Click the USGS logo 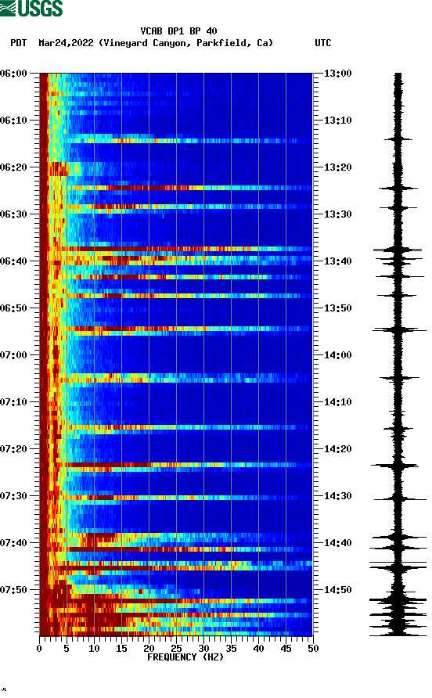[x=32, y=9]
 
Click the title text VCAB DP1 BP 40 [x=178, y=31]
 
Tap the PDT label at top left [x=19, y=43]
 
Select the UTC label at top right [x=322, y=43]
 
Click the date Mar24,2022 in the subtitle [x=67, y=43]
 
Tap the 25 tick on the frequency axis [x=176, y=648]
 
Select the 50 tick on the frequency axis [x=312, y=648]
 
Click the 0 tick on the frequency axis [x=40, y=648]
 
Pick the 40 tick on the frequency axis [x=258, y=648]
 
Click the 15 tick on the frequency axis [x=121, y=648]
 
